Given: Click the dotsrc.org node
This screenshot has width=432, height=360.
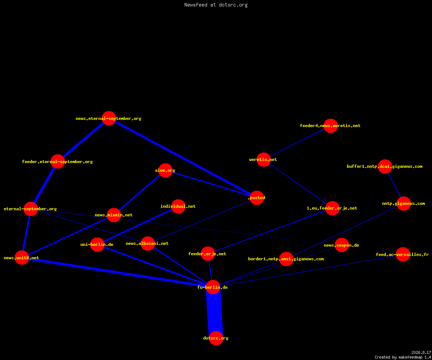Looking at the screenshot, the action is (216, 338).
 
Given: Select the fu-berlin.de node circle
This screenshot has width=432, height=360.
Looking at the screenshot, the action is (213, 287).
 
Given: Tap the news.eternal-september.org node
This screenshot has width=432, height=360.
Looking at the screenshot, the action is (109, 118).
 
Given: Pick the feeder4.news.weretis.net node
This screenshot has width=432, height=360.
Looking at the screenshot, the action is (330, 126).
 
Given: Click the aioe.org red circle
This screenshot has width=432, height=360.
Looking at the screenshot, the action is (165, 171).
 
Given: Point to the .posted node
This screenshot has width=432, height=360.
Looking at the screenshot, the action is (257, 198).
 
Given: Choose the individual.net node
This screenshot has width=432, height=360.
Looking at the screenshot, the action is (178, 206).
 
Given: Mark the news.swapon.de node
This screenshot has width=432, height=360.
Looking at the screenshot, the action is (342, 245).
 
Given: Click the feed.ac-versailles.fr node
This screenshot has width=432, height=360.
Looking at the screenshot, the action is (403, 255).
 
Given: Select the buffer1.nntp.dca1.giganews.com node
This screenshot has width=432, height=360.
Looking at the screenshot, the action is (385, 167).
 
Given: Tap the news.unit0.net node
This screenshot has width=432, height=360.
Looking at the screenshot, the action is (22, 258).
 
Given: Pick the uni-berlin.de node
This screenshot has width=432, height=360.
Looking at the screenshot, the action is (97, 244).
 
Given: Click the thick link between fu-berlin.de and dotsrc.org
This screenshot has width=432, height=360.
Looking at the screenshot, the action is (215, 312).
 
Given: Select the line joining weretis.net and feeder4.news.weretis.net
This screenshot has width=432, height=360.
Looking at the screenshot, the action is (297, 143).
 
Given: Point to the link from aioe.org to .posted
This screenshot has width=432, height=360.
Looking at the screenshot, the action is (211, 184).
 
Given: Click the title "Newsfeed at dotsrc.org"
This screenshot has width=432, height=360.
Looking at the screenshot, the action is (216, 5).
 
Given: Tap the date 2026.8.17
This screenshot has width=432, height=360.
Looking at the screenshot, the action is (421, 352).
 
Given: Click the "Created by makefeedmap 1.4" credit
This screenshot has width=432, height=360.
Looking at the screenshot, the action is (403, 357).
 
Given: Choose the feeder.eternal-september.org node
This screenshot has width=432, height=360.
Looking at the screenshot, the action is (58, 161).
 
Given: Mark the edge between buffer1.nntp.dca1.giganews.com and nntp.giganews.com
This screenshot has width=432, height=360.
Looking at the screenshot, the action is (394, 185).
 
